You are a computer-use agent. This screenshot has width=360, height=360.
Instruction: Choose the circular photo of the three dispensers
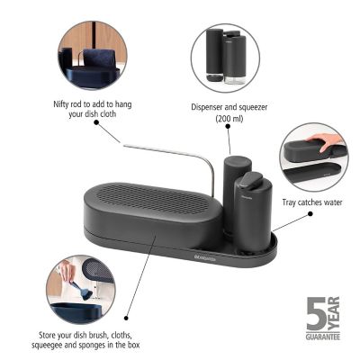pos(224,55)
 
